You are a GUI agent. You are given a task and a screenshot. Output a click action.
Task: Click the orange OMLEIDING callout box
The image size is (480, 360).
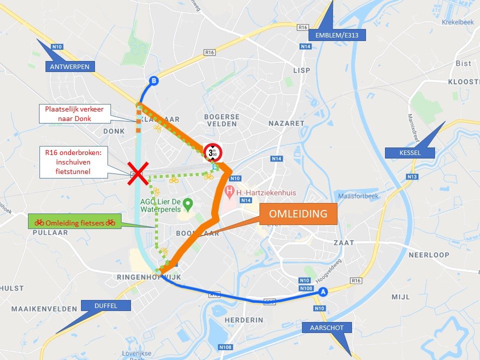pyautogui.click(x=298, y=214)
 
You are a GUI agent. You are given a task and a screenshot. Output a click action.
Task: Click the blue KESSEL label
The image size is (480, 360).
pyautogui.click(x=409, y=152)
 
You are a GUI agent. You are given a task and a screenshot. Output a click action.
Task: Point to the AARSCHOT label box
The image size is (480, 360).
pyautogui.click(x=327, y=328)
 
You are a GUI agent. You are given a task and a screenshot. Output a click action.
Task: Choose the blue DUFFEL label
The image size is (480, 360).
pyautogui.click(x=105, y=305)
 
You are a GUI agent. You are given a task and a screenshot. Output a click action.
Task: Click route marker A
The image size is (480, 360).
pyautogui.click(x=323, y=291)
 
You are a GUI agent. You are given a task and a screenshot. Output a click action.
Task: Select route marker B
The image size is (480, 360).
pyautogui.click(x=153, y=81)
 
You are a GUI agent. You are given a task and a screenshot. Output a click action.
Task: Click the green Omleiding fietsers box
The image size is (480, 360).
pyautogui.click(x=75, y=222)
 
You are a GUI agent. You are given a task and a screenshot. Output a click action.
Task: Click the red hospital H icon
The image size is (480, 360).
pyautogui.click(x=229, y=191)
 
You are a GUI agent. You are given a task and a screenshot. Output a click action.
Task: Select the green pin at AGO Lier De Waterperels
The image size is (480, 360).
pyautogui.click(x=187, y=203)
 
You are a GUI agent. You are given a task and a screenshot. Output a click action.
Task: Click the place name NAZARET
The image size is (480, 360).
pyautogui.click(x=286, y=123)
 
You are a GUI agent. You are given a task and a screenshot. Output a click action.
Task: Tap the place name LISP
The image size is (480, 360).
pyautogui.click(x=301, y=70)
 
